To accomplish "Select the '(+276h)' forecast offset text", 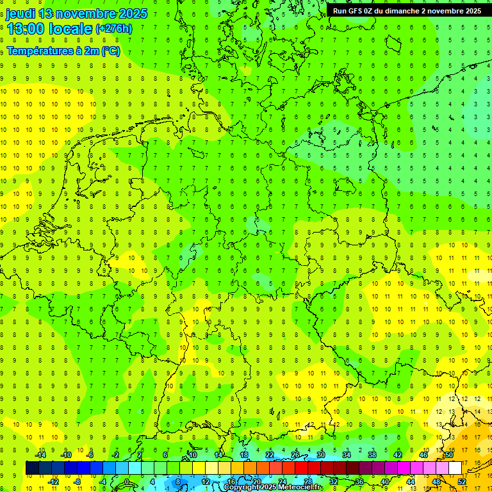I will pyautogui.click(x=113, y=29).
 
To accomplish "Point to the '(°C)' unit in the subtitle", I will pyautogui.click(x=110, y=51).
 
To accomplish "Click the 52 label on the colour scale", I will pyautogui.click(x=461, y=482).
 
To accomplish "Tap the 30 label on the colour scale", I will pyautogui.click(x=320, y=455).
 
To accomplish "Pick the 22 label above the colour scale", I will pyautogui.click(x=270, y=455).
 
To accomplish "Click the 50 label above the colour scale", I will pyautogui.click(x=448, y=455).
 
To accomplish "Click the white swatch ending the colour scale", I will pyautogui.click(x=455, y=468).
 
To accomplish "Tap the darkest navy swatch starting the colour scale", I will pyautogui.click(x=32, y=468).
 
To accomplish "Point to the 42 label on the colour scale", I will pyautogui.click(x=397, y=455).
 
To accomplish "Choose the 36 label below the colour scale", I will pyautogui.click(x=359, y=482).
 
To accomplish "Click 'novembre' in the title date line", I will pyautogui.click(x=84, y=13).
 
